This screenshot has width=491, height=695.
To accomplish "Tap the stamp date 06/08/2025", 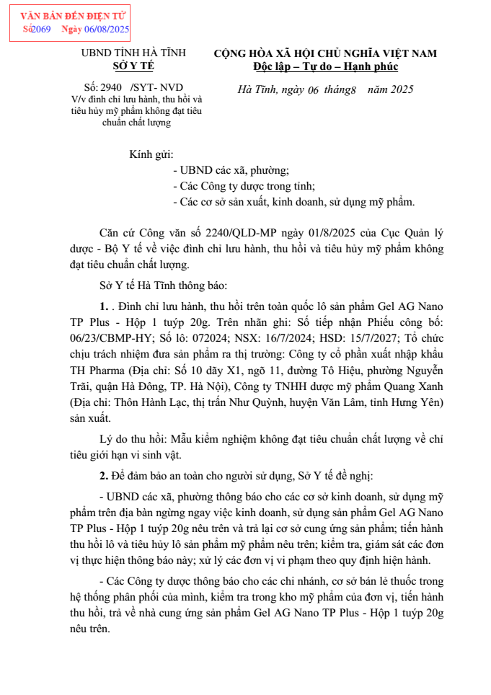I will coord(107,29).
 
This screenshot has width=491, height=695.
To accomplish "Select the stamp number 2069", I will coord(41,29).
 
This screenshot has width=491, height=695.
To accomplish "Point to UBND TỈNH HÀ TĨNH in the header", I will coord(133,53).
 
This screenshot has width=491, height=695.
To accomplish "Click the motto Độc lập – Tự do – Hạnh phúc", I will coord(325,66).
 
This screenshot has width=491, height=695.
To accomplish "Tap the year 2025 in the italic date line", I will coord(397,89).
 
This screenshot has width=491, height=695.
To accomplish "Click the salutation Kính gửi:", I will coord(151,154).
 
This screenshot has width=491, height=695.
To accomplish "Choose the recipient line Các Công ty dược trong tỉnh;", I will coord(244,186).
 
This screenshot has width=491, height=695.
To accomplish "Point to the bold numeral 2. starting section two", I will coord(104,475).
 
